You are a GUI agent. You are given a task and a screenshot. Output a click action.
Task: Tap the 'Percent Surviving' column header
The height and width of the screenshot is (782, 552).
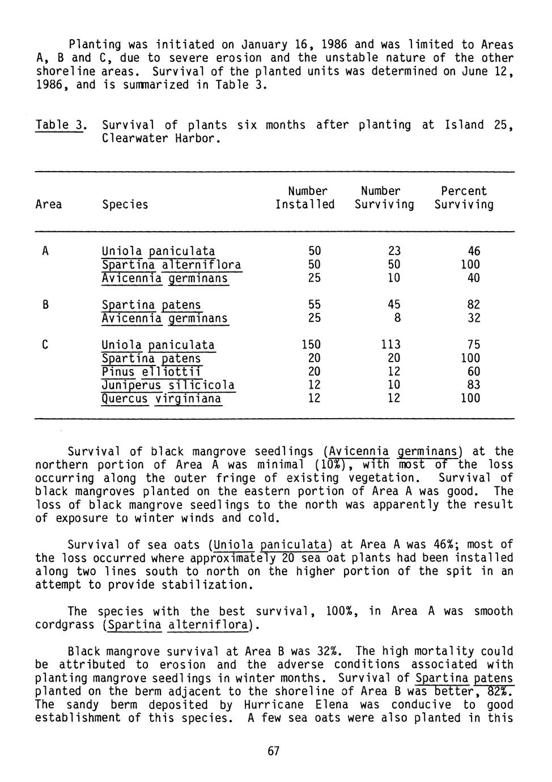coord(464,198)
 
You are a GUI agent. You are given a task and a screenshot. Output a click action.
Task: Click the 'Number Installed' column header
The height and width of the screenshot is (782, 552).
coord(305,198)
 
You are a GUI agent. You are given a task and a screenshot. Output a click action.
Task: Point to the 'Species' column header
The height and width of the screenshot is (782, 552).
coord(125,204)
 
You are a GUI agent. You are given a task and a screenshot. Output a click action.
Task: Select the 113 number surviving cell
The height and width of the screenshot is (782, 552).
coord(390,345)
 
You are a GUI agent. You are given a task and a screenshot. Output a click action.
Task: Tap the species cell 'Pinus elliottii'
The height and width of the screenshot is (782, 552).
coord(152,372)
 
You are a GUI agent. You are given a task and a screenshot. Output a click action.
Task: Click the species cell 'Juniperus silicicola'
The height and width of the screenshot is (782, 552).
coord(168,385)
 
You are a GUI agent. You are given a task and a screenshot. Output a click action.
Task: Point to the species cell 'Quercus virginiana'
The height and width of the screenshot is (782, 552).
coord(162,399)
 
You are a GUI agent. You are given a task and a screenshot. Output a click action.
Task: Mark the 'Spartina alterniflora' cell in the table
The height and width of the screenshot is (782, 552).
coord(171,265)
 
